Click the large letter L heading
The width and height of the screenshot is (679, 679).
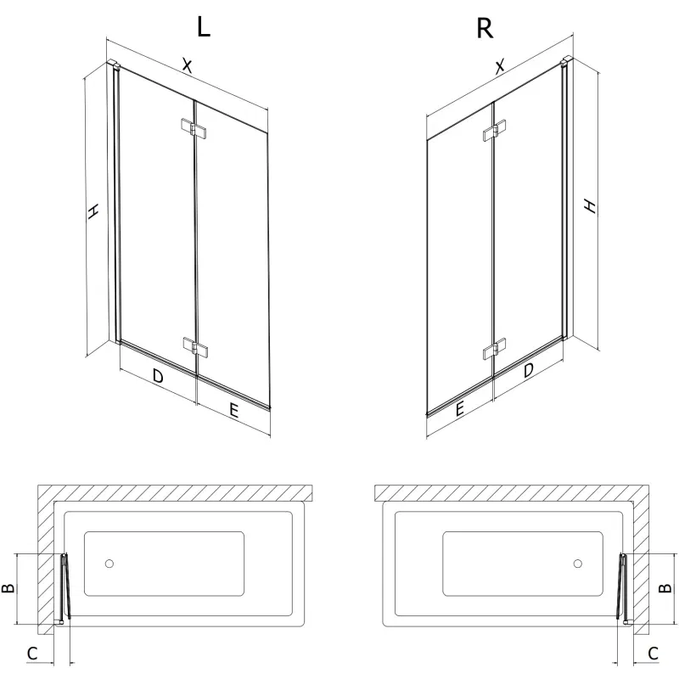203,27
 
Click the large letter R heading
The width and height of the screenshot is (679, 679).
484,28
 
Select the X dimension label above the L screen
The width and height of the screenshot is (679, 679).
188,66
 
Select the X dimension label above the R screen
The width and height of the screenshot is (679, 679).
500,65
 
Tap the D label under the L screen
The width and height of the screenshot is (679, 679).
158,376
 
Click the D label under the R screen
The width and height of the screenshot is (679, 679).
529,370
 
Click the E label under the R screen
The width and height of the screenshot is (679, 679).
458,408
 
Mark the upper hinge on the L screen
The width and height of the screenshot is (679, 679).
194,128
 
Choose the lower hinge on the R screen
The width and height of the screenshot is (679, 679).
493,350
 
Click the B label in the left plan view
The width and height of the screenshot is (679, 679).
11,588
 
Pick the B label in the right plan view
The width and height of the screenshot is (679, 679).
667,587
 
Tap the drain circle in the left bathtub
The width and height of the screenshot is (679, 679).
108,564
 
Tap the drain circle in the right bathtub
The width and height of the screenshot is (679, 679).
577,563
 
